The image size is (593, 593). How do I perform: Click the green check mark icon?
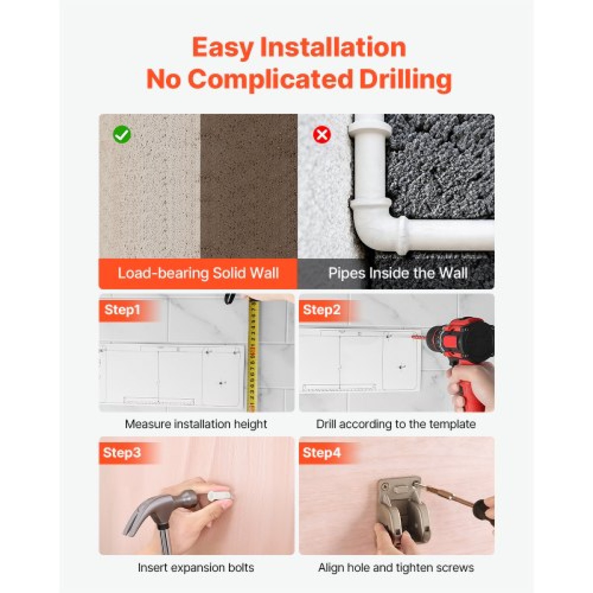pyautogui.click(x=122, y=134)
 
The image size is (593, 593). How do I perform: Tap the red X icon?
pyautogui.click(x=322, y=134)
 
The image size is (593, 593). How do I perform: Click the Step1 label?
pyautogui.click(x=122, y=309)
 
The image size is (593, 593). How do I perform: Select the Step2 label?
pyautogui.click(x=322, y=309)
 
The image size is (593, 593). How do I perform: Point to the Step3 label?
pyautogui.click(x=122, y=453)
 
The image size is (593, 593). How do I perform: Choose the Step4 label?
pyautogui.click(x=322, y=453)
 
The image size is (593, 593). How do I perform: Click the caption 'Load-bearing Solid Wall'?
pyautogui.click(x=198, y=273)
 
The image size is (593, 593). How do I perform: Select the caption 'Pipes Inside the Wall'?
pyautogui.click(x=398, y=273)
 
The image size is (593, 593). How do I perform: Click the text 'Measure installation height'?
pyautogui.click(x=196, y=424)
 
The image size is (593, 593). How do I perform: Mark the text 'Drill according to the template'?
pyautogui.click(x=396, y=424)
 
